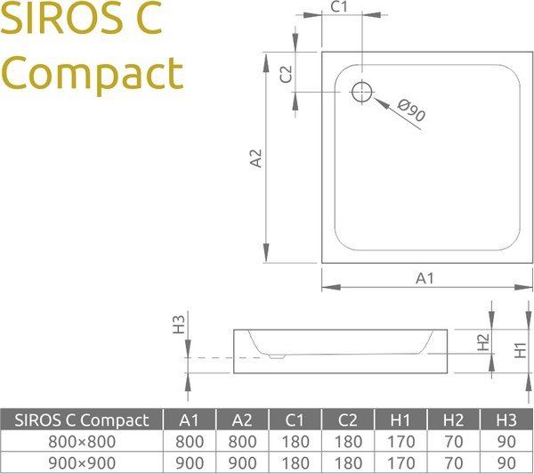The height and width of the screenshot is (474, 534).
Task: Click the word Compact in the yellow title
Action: click(92, 74)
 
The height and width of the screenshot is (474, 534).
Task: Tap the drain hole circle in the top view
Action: click(362, 92)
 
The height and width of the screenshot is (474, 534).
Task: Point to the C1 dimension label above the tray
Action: click(339, 8)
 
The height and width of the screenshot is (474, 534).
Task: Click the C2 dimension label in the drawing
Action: click(286, 74)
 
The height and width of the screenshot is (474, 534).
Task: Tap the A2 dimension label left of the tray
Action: click(256, 159)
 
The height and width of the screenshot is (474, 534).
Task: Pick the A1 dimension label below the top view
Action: click(425, 278)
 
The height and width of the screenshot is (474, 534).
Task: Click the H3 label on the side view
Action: click(179, 323)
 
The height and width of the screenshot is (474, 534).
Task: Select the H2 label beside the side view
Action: click(483, 341)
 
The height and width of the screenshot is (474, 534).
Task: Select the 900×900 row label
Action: click(82, 463)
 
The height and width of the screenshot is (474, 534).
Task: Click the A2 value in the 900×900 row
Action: click(242, 463)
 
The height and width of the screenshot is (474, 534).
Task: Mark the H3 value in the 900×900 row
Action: click(506, 463)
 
